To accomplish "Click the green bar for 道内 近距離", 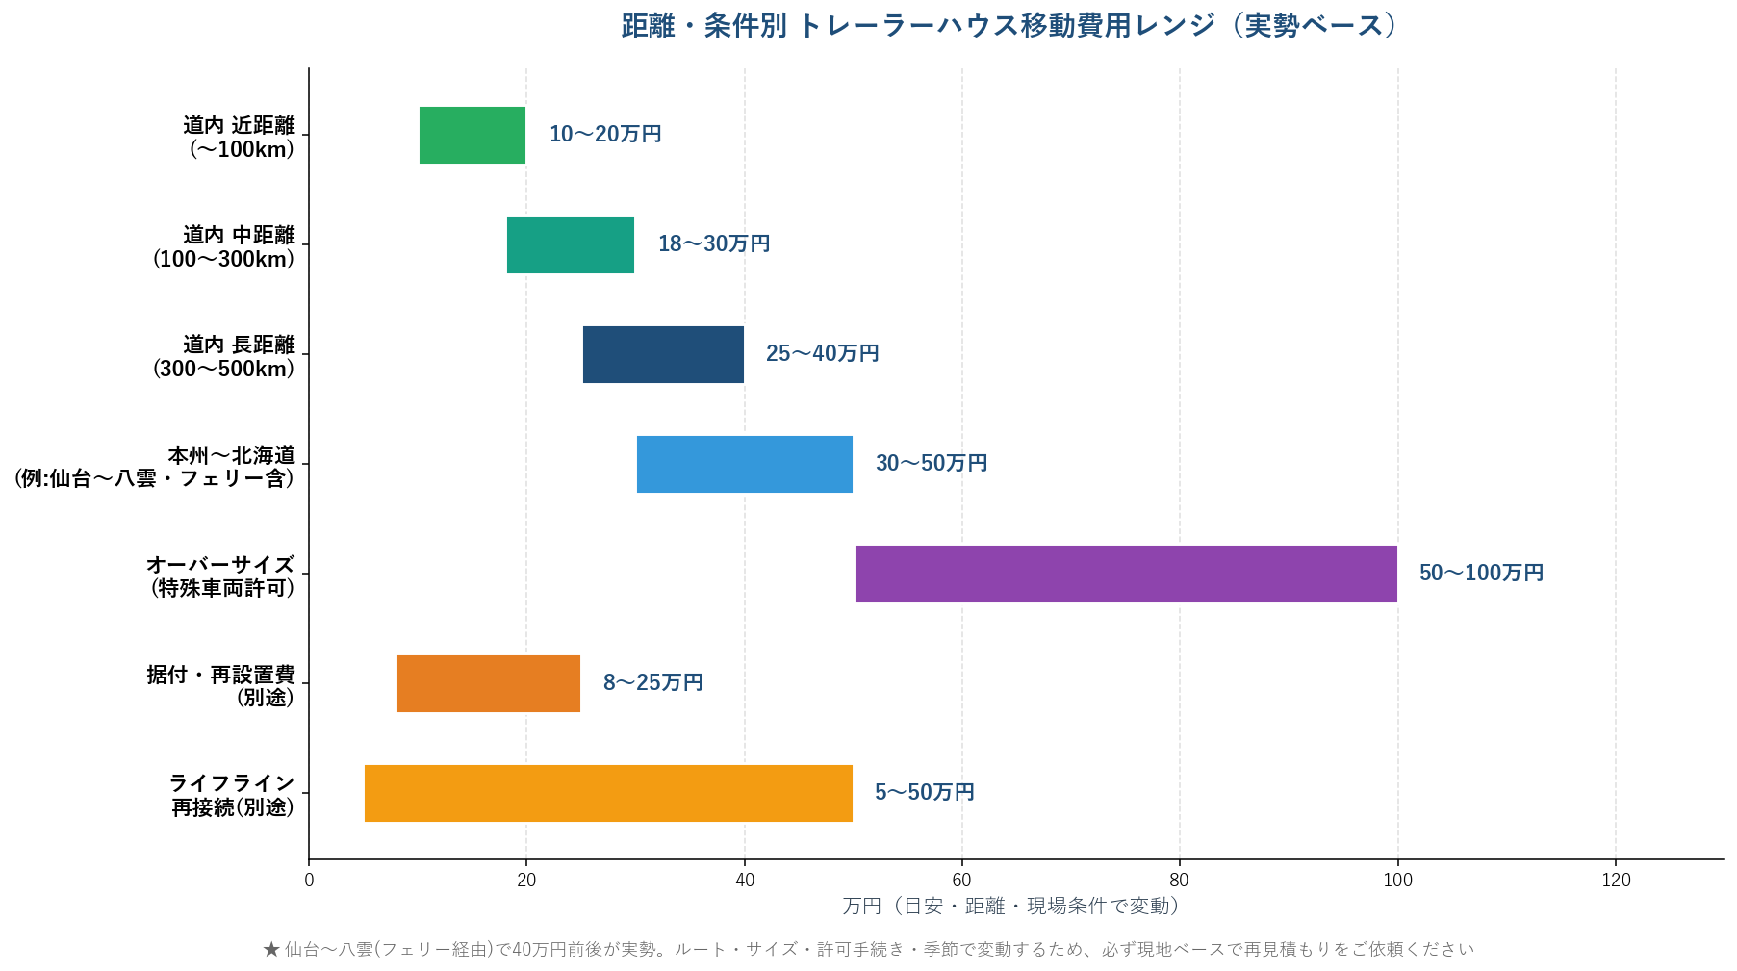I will (472, 135).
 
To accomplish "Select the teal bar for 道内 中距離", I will (570, 244).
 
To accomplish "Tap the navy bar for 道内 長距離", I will (663, 354).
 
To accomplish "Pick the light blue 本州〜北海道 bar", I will (744, 464).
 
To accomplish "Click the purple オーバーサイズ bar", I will (1125, 574).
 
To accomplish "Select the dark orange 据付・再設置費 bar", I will (488, 683).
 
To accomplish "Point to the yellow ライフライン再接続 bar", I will (608, 793).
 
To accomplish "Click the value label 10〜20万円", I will (605, 134).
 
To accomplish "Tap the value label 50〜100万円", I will (1481, 573).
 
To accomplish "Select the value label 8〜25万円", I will (652, 682).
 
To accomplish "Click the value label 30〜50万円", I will (932, 463).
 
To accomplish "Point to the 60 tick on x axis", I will (961, 880).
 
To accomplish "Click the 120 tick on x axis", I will (1616, 880).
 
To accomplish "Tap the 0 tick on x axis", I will (309, 880).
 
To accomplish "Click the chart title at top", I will (1009, 26).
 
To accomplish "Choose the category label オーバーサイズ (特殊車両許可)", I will (221, 575).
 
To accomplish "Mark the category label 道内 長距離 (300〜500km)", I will (224, 356).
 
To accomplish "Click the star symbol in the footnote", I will (271, 950).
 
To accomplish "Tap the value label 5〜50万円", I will (924, 792).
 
